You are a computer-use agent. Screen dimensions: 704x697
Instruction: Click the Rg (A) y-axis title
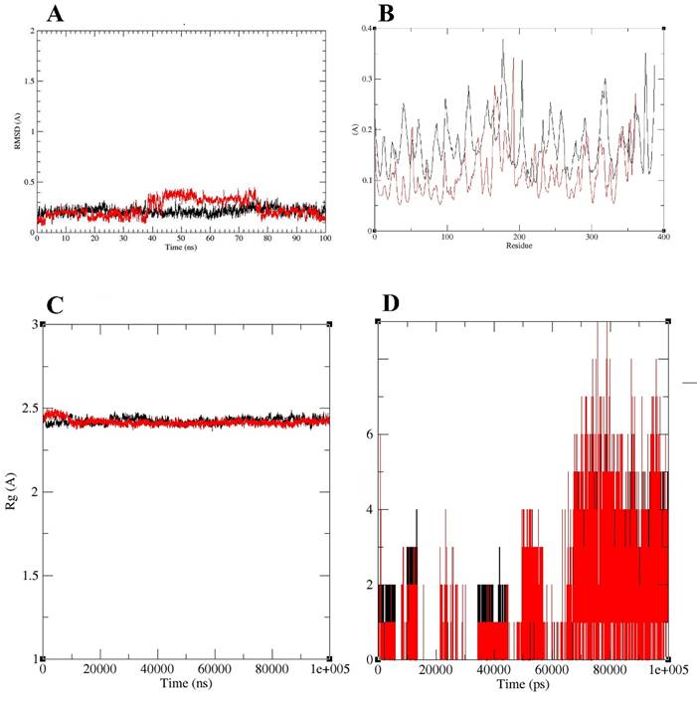coord(13,491)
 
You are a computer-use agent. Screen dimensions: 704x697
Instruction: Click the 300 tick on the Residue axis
coord(592,238)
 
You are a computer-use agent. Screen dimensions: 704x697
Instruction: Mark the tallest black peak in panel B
coord(503,40)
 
